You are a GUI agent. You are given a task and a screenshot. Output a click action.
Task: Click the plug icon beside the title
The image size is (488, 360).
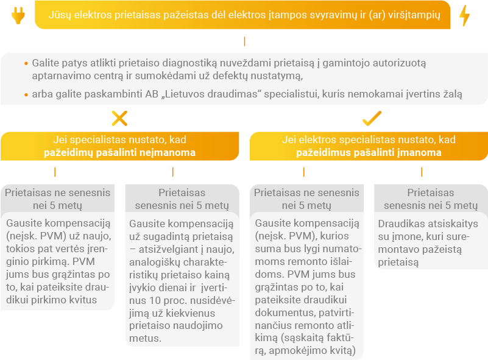coord(18,15)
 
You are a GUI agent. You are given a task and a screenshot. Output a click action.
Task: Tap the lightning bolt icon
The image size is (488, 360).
coord(465,15)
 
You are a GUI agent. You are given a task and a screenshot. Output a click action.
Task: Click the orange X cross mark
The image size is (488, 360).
coord(120,118)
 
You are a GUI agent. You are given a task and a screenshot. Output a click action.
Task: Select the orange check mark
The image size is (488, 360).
coord(372,118)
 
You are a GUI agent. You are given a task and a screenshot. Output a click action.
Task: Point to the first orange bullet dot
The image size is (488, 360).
coord(26,63)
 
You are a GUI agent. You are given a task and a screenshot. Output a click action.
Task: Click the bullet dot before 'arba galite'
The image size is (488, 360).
coord(26,94)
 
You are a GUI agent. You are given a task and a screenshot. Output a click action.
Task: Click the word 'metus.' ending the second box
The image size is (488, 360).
coord(146,338)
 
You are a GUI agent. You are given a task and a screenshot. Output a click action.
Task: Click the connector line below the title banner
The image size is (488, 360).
coord(245,41)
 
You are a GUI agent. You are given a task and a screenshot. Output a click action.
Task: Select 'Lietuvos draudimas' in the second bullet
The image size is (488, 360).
coord(211,94)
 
